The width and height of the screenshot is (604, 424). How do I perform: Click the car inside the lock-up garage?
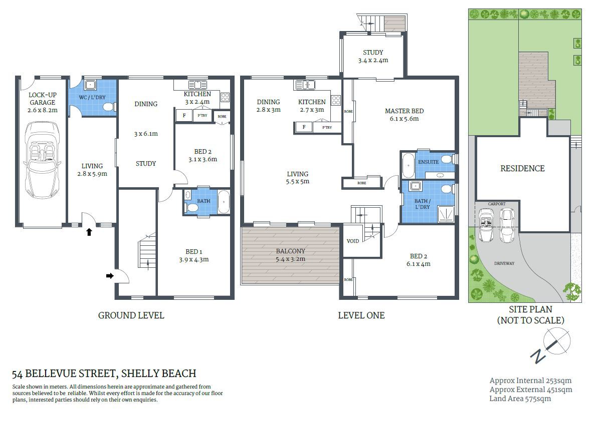pos(43,155)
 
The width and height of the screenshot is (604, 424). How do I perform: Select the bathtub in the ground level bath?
pos(224,202)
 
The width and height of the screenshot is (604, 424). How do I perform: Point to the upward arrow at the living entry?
pos(89,232)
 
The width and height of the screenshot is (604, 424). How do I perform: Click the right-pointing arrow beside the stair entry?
pos(109,275)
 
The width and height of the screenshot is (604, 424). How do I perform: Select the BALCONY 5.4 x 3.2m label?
pos(290,255)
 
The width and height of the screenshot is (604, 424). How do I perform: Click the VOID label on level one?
pos(353,241)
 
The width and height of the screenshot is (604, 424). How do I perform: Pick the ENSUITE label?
pos(429,162)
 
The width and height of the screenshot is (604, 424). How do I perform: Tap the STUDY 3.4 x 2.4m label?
pos(373,56)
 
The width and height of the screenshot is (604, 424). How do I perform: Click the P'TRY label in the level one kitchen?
pos(327,128)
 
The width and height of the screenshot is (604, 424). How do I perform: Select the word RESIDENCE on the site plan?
pos(522,169)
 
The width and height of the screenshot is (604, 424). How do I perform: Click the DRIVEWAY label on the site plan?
pos(504,263)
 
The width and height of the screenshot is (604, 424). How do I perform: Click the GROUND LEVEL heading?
pos(131,315)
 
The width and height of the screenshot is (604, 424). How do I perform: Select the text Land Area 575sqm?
pos(520,398)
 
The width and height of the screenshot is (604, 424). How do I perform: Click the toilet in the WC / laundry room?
pos(107,107)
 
